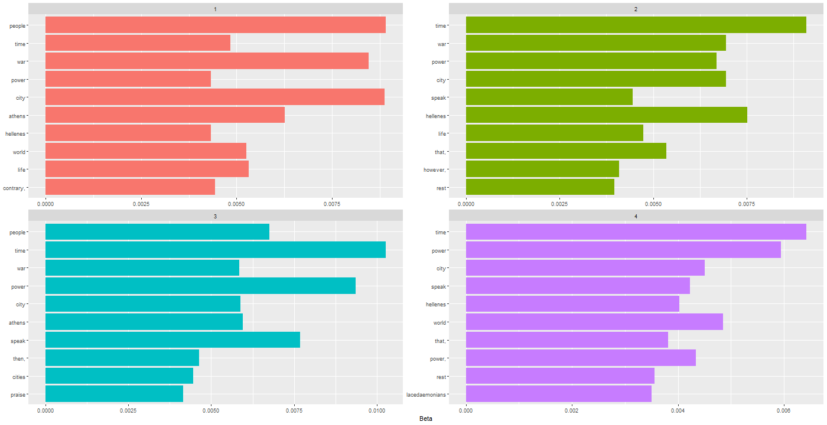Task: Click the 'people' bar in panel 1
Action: point(216,25)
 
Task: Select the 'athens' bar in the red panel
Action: point(165,115)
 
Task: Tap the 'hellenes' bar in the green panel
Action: point(606,115)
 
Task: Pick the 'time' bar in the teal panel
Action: point(216,250)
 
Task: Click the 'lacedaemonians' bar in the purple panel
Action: point(558,394)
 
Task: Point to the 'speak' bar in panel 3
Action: point(172,341)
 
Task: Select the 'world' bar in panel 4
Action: point(594,322)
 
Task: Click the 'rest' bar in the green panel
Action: point(540,188)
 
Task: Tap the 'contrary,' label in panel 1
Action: point(14,188)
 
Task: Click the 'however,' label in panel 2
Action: point(435,170)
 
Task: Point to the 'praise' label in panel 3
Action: point(18,395)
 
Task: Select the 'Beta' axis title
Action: point(425,419)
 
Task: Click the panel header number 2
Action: point(636,9)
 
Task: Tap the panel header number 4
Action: point(636,216)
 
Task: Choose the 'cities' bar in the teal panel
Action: point(119,377)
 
